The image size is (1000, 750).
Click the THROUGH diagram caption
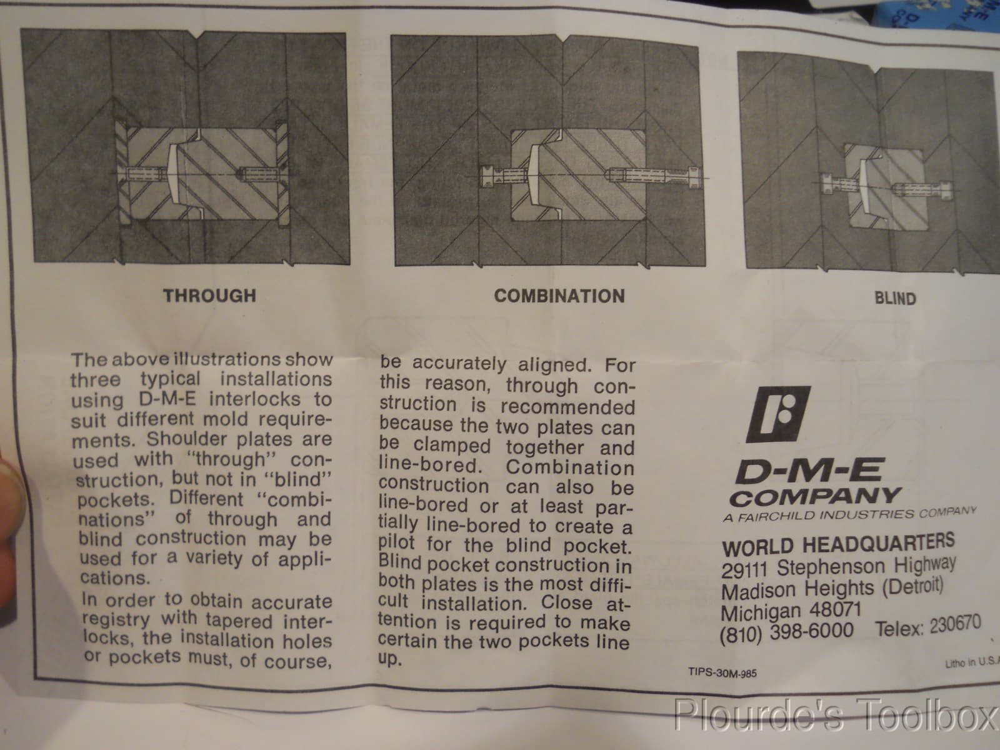tap(209, 295)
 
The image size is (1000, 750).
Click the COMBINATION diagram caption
tap(559, 296)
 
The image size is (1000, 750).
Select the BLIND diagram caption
tap(894, 298)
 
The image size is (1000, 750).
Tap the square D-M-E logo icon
tap(778, 414)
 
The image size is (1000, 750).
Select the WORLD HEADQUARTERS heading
tap(837, 545)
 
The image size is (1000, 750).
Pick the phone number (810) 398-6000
tap(786, 632)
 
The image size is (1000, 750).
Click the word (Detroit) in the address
tap(912, 586)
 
